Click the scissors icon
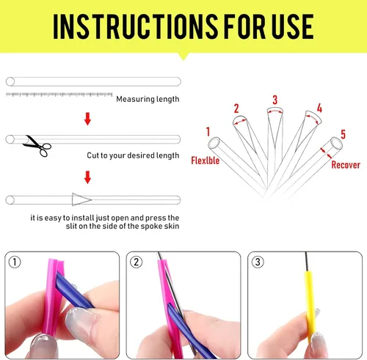(37, 146)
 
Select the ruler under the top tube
(59, 95)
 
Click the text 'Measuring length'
(148, 99)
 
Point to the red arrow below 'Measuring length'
(87, 119)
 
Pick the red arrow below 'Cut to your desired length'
(87, 177)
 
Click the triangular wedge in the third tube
(80, 199)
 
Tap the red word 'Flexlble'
(206, 161)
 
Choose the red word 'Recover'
(346, 165)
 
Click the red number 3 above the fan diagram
(275, 100)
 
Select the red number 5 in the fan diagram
(343, 134)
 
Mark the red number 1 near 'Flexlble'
(208, 132)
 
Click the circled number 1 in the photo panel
(15, 262)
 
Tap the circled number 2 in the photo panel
(136, 262)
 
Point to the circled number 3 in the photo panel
(258, 262)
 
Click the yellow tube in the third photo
(310, 306)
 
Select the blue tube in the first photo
(73, 290)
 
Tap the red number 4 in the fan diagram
(319, 108)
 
